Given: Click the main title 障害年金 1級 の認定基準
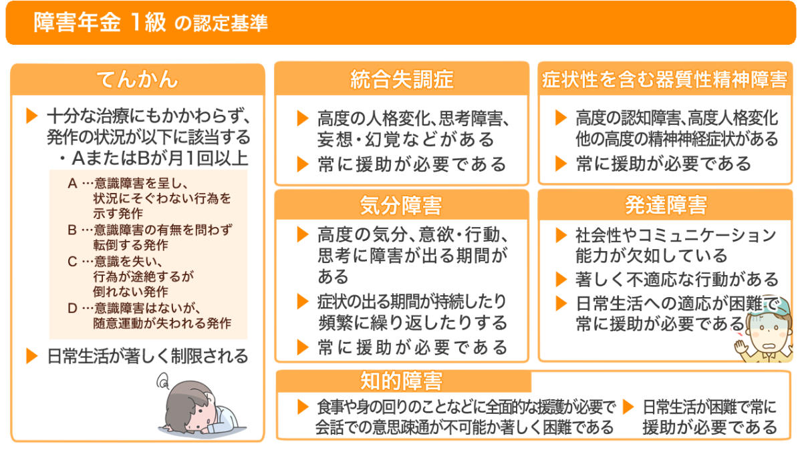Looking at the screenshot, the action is (x=150, y=23).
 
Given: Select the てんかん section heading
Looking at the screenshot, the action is (x=138, y=79).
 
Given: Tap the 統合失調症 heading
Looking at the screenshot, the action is (x=402, y=79).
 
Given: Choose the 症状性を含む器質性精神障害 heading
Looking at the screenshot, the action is (x=665, y=79).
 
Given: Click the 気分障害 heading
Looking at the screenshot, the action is (x=401, y=206).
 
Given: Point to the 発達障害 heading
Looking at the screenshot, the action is (x=666, y=205).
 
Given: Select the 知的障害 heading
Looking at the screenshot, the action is (x=402, y=381).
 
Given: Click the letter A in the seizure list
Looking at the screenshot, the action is (x=72, y=184).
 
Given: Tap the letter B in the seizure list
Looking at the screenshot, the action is (x=72, y=230).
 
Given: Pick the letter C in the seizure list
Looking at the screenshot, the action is (x=72, y=262).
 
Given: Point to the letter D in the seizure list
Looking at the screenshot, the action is (x=72, y=308).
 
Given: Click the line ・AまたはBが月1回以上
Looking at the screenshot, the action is (x=154, y=158).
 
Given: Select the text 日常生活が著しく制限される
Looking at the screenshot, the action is (x=148, y=357).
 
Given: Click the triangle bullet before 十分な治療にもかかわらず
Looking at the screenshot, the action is (x=32, y=116).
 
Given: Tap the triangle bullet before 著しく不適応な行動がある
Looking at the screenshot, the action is (x=561, y=279).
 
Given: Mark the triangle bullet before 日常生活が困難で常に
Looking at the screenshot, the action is (x=628, y=407).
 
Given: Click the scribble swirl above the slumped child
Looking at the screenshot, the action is (x=163, y=382).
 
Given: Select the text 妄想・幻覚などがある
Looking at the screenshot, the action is (x=406, y=140).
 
